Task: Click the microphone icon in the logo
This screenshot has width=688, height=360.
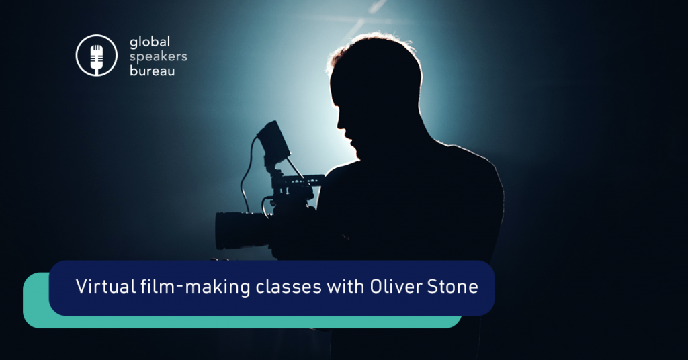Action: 97,55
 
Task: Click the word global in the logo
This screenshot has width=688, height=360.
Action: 150,42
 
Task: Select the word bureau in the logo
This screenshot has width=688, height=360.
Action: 153,71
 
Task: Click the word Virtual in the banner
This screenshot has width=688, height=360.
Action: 105,287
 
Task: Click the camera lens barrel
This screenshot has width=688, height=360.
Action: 241,230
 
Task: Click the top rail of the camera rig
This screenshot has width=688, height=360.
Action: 300,179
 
